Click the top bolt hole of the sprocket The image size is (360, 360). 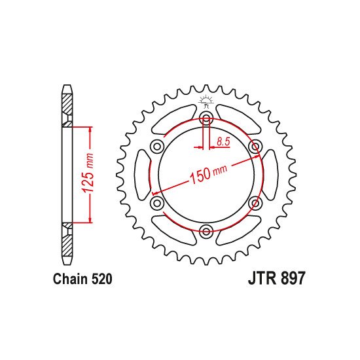point(206,118)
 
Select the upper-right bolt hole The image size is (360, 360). point(256,145)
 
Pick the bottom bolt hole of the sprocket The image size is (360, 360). point(206,230)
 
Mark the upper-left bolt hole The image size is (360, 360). point(156,145)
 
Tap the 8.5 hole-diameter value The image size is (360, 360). point(223,140)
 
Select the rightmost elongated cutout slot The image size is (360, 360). point(270,174)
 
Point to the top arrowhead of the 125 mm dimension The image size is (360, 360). point(90,128)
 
